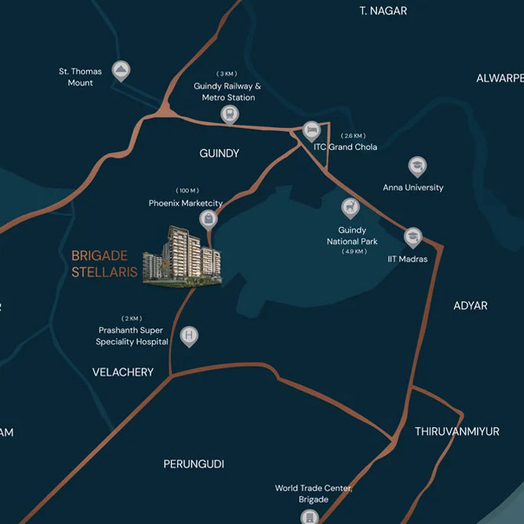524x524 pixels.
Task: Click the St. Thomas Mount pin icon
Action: [120, 71]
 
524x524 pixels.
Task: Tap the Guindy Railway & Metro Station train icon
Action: [228, 114]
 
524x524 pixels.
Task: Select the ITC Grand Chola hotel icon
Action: [311, 130]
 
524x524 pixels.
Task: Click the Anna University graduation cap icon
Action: [417, 166]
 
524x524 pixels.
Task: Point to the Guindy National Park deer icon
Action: [351, 207]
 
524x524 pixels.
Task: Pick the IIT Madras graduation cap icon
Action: [413, 237]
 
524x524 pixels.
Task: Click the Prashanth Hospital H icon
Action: [189, 336]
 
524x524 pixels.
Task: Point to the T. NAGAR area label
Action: [383, 11]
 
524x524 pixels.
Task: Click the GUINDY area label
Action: [219, 153]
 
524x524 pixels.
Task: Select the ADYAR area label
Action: [470, 305]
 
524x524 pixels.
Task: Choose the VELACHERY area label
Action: [123, 372]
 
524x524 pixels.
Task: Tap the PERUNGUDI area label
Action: [193, 464]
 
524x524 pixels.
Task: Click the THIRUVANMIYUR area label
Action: [457, 431]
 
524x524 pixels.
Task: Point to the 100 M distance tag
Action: [187, 190]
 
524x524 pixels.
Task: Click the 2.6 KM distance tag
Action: [354, 135]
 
